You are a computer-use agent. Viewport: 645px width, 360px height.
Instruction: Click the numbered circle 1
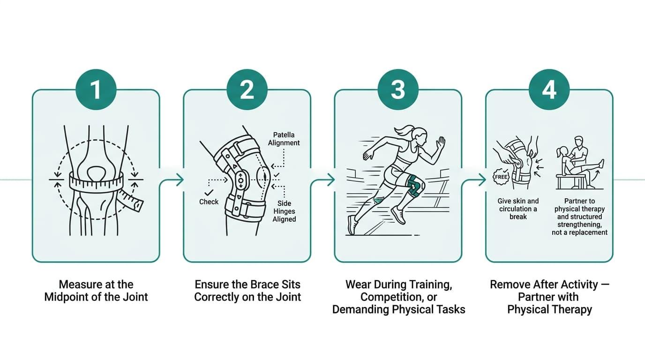click(96, 90)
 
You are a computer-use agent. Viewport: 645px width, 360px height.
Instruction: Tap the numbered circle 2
click(247, 90)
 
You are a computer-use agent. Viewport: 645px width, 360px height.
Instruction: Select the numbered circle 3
click(398, 90)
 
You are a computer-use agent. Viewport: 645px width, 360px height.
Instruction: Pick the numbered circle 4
click(549, 90)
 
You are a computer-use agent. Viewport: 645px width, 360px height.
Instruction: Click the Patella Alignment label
click(284, 139)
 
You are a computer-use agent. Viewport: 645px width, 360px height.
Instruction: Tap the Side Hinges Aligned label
click(284, 211)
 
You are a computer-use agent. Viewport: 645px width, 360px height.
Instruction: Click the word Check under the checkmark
click(209, 202)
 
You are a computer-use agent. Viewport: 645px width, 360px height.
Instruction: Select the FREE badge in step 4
click(501, 177)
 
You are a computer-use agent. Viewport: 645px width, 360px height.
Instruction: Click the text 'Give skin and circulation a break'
click(518, 209)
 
